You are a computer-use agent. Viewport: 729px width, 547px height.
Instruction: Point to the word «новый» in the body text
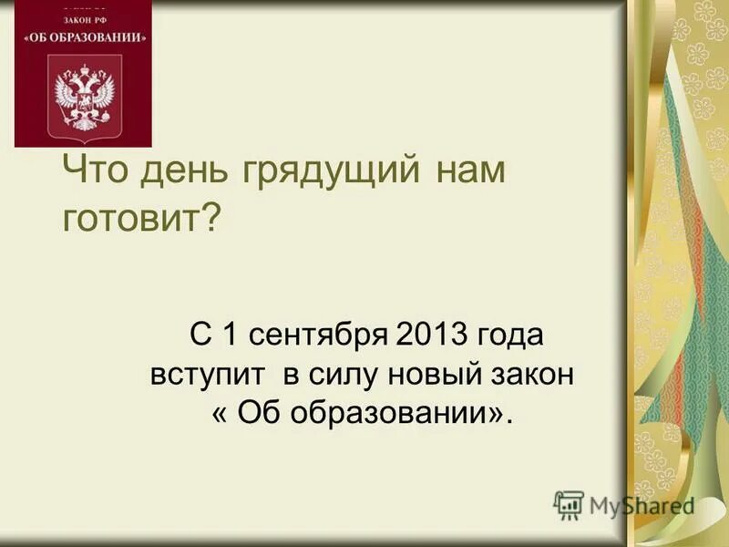tap(442, 375)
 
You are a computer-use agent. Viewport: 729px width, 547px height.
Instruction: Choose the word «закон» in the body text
tap(534, 375)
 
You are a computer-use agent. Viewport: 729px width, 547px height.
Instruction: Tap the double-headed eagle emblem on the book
tap(85, 96)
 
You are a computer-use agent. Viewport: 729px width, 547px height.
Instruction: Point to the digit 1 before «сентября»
tap(231, 335)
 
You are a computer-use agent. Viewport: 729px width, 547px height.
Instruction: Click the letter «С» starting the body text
tap(200, 335)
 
